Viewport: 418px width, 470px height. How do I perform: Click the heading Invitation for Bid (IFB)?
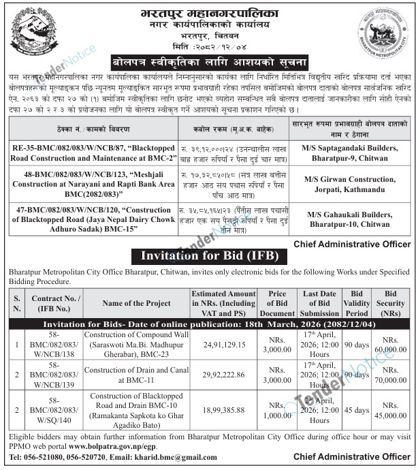208,256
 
